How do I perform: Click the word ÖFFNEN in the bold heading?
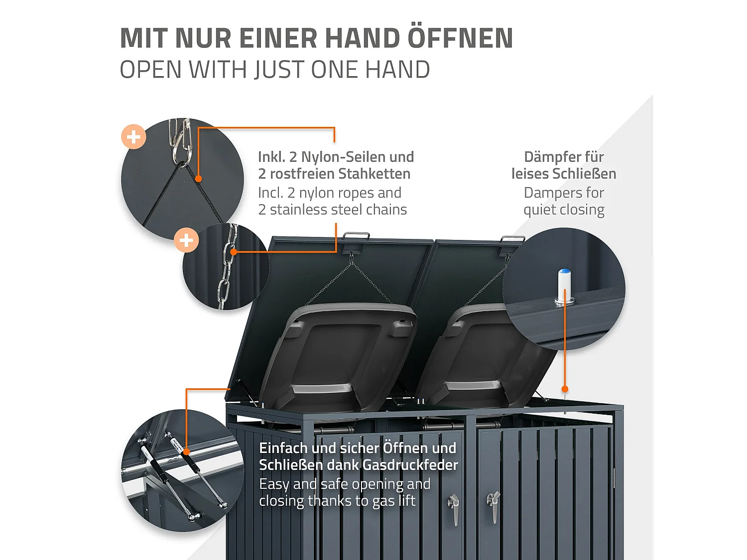point(460,38)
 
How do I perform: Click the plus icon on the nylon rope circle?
point(133,136)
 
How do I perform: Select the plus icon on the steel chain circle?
point(186,240)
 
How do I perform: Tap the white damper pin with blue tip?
point(564,286)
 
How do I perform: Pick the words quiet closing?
point(564,210)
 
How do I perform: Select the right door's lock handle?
point(493,505)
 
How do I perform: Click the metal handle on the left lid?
point(356,236)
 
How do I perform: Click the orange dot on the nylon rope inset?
point(198,179)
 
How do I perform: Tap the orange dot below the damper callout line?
point(565,389)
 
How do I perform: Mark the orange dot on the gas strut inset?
point(186,451)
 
